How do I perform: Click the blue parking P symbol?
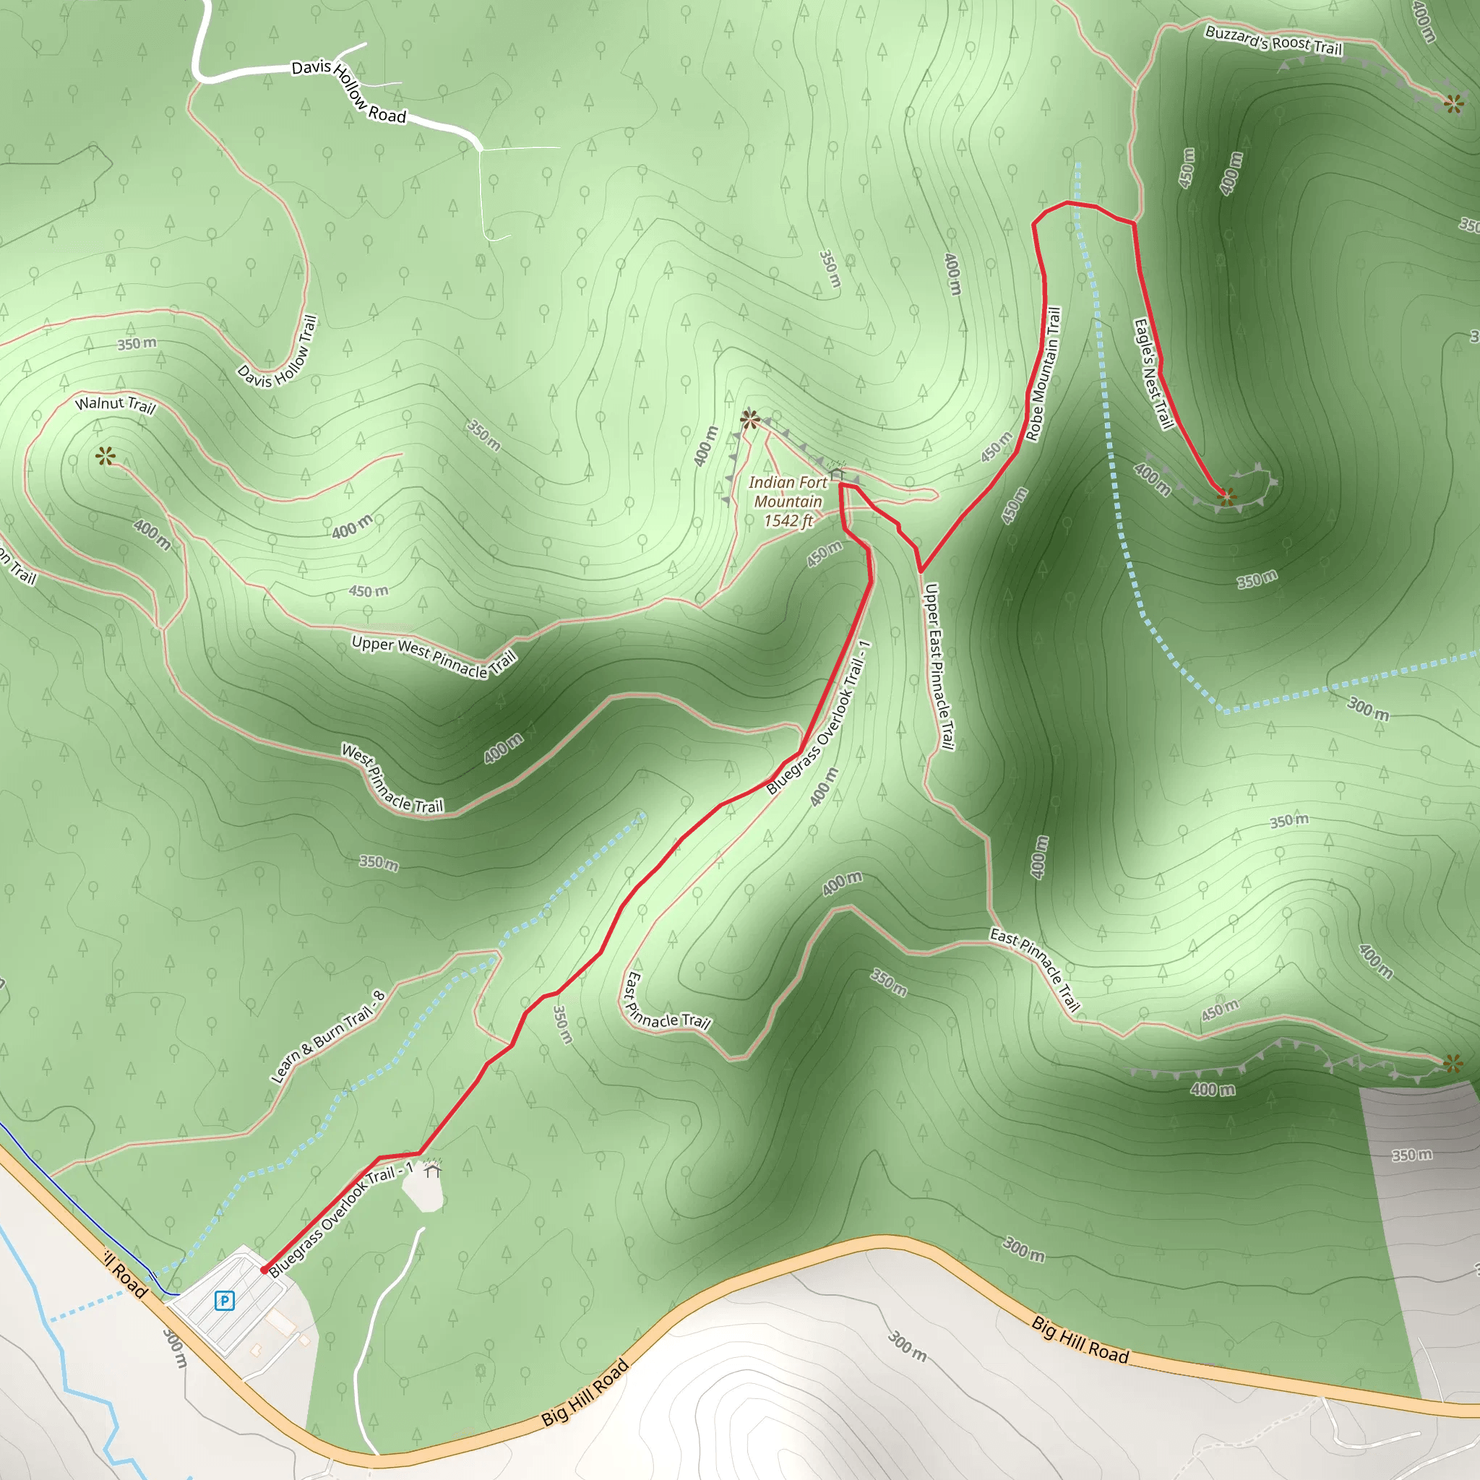coord(224,1300)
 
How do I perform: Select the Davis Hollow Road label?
coord(348,91)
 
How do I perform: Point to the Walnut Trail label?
coord(115,404)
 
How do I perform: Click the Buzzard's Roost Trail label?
coord(1273,40)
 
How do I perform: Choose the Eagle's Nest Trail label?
coord(1153,374)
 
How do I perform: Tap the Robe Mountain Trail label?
coord(1044,374)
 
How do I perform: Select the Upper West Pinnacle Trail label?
coord(434,655)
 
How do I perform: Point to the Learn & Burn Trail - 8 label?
coord(328,1036)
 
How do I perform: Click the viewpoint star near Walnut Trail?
coord(106,457)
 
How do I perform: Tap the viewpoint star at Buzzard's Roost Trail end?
coord(1453,103)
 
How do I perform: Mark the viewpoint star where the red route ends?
coord(1226,496)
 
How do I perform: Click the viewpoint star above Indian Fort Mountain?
coord(750,419)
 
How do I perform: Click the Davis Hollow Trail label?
coord(277,353)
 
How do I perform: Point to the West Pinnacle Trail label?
coord(392,779)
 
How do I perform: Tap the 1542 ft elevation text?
coord(788,522)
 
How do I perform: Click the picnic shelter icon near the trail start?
coord(433,1169)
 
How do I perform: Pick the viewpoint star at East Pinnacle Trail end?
coord(1453,1063)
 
